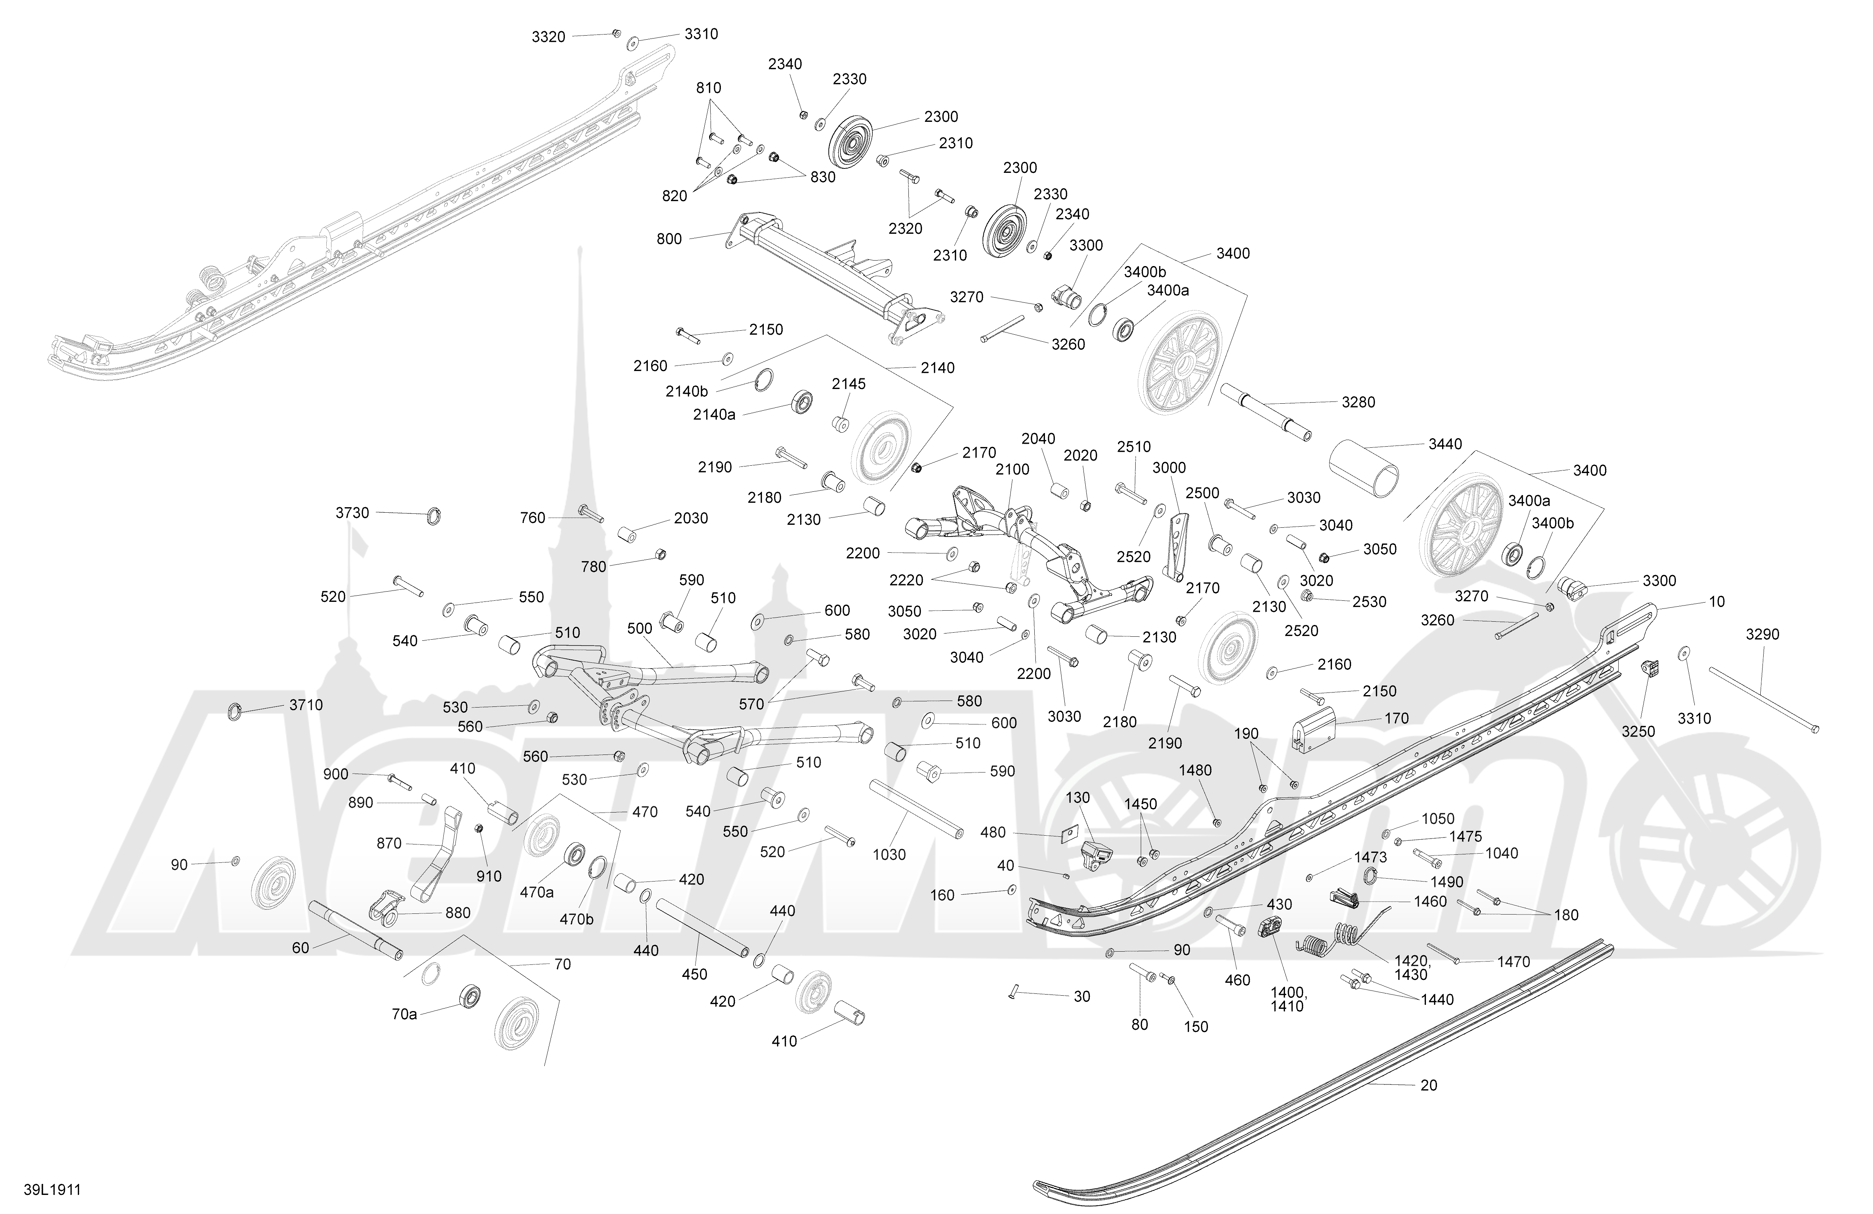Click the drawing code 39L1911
[x=52, y=1190]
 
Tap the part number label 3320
[x=548, y=37]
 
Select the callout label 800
[x=669, y=239]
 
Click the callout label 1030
[x=889, y=854]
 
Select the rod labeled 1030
[x=916, y=810]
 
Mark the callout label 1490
[x=1447, y=882]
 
